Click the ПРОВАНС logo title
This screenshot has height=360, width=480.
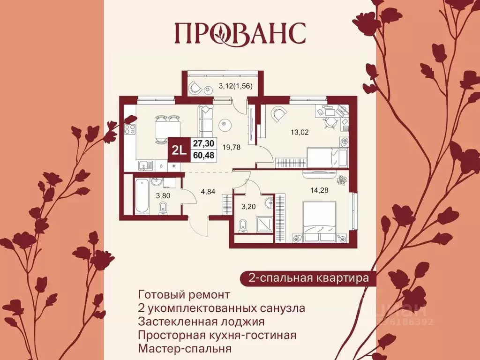(x=240, y=32)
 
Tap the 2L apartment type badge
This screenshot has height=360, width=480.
(x=179, y=150)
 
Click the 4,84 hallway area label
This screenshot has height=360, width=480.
(x=209, y=191)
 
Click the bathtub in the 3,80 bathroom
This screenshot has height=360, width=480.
(x=141, y=196)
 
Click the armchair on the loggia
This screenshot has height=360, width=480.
(x=195, y=88)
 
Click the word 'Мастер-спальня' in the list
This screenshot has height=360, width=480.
(x=185, y=349)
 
